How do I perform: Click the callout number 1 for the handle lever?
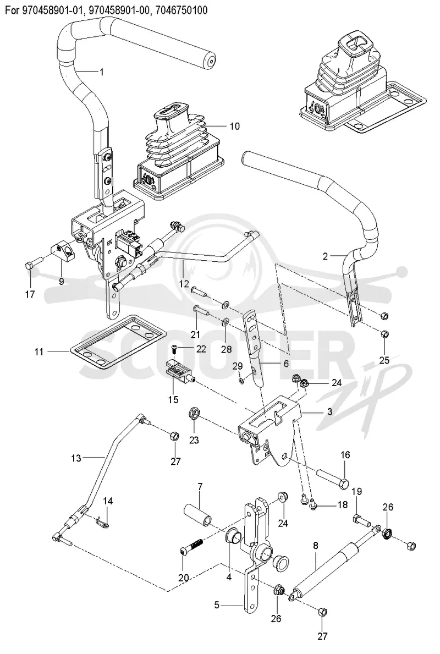(101, 72)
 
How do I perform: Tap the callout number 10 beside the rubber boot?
(235, 126)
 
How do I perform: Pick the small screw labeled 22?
(175, 348)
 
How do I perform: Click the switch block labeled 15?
(180, 370)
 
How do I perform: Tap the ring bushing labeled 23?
(194, 414)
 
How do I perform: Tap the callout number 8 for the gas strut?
(315, 545)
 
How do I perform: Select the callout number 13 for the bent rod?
(76, 458)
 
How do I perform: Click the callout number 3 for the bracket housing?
(330, 412)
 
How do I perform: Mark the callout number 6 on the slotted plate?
(286, 363)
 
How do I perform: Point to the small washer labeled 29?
(242, 381)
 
